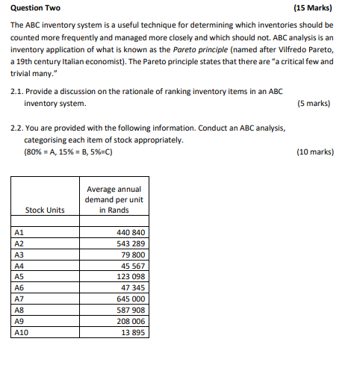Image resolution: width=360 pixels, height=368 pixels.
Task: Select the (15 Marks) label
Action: click(314, 10)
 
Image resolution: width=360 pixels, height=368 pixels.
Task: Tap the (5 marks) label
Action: click(314, 103)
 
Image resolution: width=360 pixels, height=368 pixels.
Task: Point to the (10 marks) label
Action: click(314, 152)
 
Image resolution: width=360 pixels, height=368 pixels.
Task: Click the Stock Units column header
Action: click(45, 210)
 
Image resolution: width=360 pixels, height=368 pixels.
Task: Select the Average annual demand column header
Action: click(114, 199)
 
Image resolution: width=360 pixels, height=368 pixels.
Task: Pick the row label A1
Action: click(20, 232)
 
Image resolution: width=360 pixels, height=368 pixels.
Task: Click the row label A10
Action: click(22, 332)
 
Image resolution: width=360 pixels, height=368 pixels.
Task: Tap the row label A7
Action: click(20, 299)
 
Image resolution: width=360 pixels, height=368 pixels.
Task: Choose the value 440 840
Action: click(131, 232)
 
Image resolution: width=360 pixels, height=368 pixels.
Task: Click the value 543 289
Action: click(131, 243)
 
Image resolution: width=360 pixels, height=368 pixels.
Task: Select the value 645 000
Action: click(131, 299)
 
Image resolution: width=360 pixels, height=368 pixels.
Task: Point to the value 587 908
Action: click(131, 310)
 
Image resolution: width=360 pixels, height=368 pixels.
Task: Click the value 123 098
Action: click(131, 277)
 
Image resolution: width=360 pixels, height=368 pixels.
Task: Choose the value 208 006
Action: click(131, 321)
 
